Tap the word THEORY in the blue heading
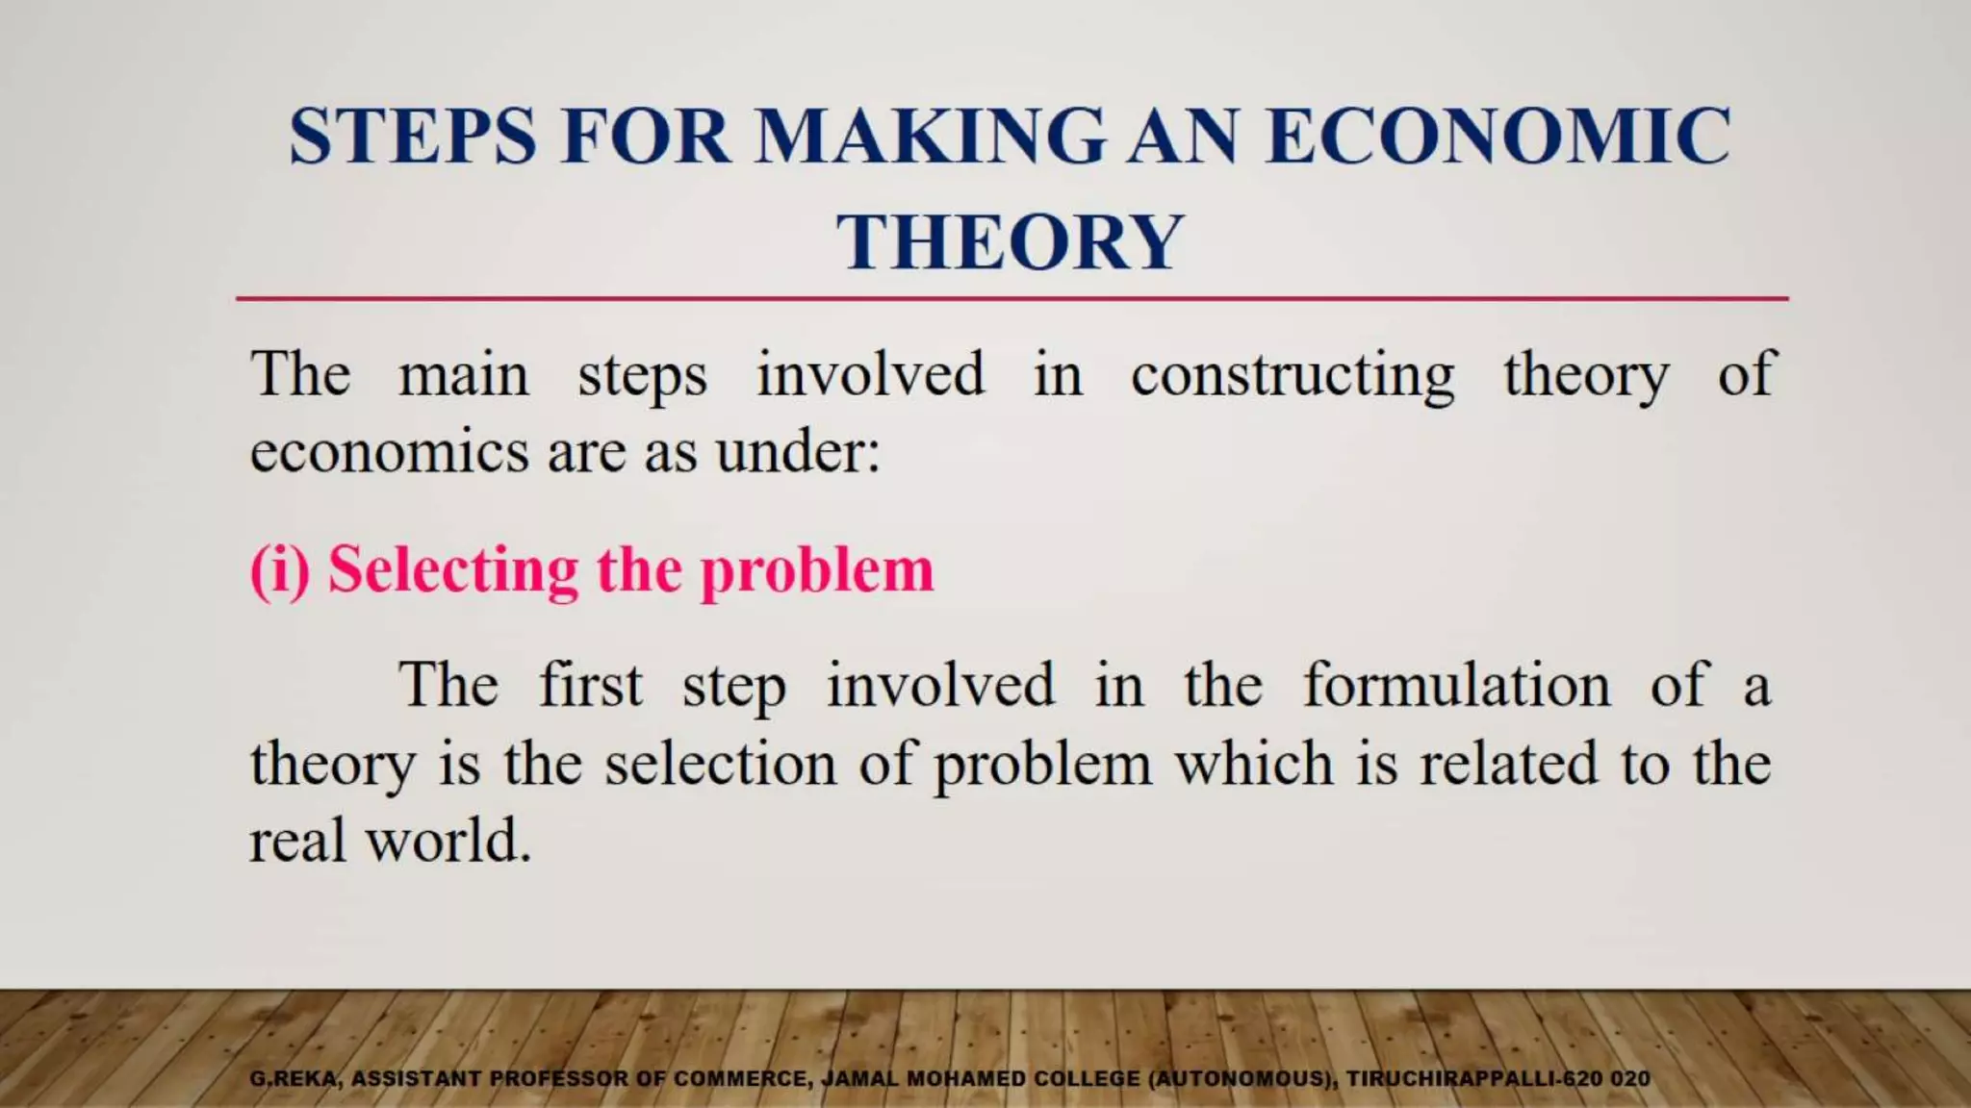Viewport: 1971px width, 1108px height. pos(1010,241)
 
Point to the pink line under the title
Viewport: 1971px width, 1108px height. pos(1011,299)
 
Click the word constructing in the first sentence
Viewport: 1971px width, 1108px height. pos(1292,375)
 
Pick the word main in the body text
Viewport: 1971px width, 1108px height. pos(463,375)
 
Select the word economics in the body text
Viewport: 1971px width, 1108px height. pos(389,451)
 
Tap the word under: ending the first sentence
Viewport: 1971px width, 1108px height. pos(798,451)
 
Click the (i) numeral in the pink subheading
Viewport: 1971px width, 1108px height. pos(280,570)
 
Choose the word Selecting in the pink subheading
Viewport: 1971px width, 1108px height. pos(453,570)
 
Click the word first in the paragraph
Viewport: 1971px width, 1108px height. pos(590,686)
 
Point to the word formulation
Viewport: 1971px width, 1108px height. pos(1456,686)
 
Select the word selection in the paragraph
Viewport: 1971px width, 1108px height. pos(720,764)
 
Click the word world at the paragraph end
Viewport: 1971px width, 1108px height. pos(448,842)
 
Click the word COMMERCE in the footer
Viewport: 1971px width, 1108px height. pos(740,1079)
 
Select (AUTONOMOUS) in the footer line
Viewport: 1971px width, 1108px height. pos(1241,1079)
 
